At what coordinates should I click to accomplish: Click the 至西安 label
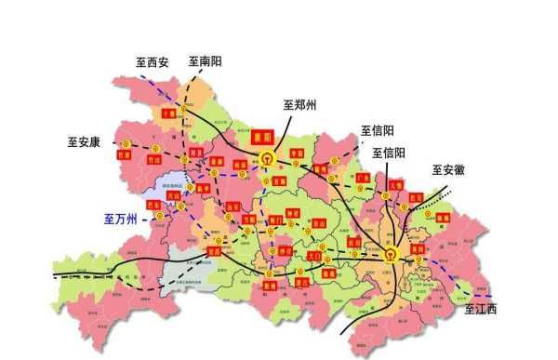tap(152, 63)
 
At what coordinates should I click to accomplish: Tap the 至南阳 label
tap(205, 61)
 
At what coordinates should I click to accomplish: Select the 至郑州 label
tap(299, 105)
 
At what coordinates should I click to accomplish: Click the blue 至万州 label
tap(120, 220)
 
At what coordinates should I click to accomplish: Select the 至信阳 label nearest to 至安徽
tap(389, 153)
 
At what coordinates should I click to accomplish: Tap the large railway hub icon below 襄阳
tap(268, 157)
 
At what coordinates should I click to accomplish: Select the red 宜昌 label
tap(216, 249)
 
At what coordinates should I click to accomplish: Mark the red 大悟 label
tap(396, 185)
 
